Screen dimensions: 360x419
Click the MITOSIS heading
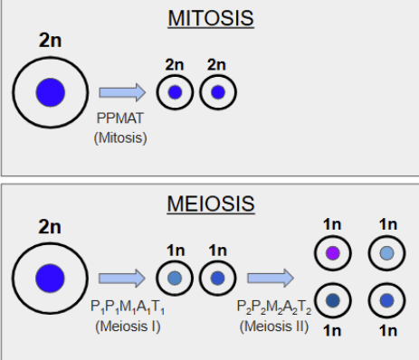pyautogui.click(x=209, y=18)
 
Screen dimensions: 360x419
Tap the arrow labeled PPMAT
pyautogui.click(x=121, y=91)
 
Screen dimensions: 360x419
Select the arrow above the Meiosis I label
pyautogui.click(x=121, y=278)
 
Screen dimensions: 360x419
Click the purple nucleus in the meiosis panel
pyautogui.click(x=332, y=253)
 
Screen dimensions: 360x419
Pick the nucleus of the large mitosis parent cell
pyautogui.click(x=50, y=92)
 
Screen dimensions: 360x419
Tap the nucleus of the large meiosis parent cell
pyautogui.click(x=50, y=278)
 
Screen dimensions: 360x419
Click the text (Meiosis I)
pyautogui.click(x=124, y=324)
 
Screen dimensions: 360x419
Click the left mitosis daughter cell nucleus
pyautogui.click(x=176, y=91)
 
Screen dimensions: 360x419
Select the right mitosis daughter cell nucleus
pyautogui.click(x=218, y=91)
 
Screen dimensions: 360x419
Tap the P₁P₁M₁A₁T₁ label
pyautogui.click(x=123, y=307)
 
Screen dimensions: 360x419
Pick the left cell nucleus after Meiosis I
pyautogui.click(x=176, y=278)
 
